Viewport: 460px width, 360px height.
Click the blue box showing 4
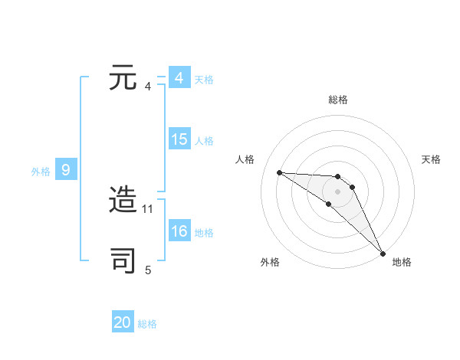179,78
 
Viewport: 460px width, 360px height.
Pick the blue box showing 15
179,139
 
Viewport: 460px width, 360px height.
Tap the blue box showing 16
179,231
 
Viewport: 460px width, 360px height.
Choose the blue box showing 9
66,170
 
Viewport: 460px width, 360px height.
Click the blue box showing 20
123,322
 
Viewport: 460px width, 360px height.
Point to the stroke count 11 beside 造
149,208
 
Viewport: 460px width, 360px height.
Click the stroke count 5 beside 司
148,269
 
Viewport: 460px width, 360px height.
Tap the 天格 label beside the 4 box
204,79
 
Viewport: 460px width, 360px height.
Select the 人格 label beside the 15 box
204,140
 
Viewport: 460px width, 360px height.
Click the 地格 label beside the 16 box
204,232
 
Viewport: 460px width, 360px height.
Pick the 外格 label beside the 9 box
41,171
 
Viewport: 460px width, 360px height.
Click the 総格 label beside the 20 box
147,323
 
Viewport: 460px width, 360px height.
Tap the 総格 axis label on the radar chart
338,100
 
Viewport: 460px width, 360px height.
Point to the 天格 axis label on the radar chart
431,159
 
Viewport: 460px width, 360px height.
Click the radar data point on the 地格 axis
383,252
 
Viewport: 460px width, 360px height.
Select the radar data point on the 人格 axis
280,172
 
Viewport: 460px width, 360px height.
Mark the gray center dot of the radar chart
338,191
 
